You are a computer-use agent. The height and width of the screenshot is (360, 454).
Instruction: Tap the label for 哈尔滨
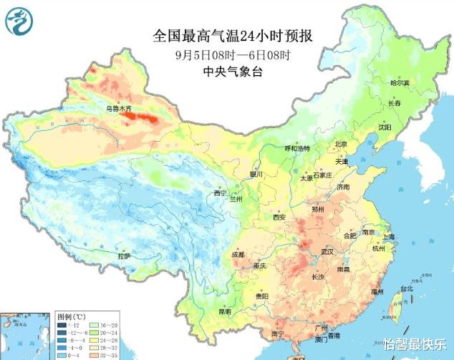point(400,83)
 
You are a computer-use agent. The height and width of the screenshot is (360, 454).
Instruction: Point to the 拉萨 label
point(125,256)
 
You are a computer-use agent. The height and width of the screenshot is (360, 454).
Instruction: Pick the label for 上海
point(390,237)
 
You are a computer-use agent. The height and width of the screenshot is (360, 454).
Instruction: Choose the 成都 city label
point(238,255)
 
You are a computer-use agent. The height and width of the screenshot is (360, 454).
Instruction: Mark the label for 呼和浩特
point(297,148)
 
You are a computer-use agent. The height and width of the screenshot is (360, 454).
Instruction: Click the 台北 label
point(406,288)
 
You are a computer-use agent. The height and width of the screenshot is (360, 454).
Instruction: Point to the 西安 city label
point(279,217)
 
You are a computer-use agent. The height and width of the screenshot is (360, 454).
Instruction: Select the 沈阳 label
point(385,127)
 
